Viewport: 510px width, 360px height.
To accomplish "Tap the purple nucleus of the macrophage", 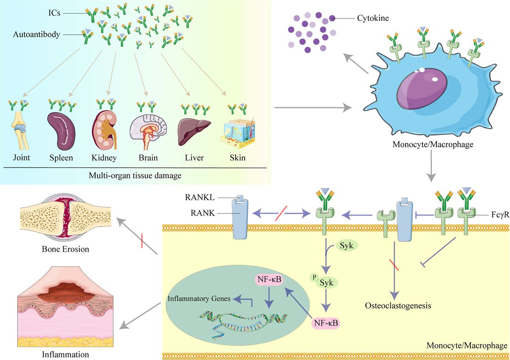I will [x=421, y=89].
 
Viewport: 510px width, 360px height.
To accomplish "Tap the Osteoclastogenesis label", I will [x=395, y=305].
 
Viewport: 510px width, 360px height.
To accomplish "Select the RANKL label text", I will [x=199, y=196].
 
